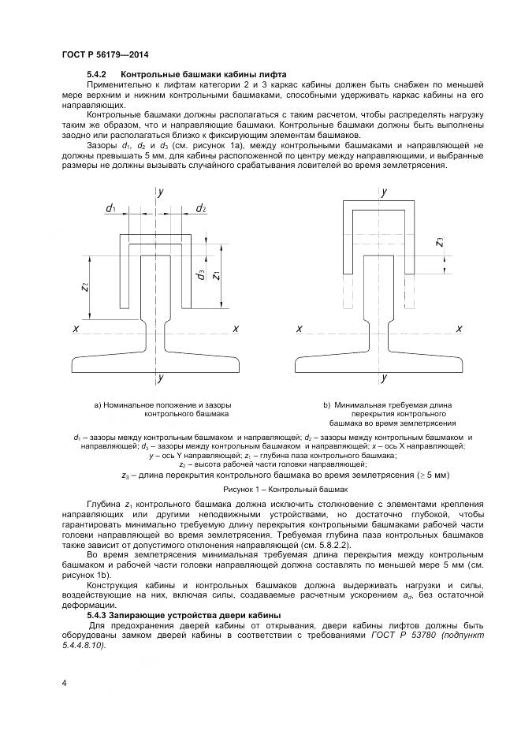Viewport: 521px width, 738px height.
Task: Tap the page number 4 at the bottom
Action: click(x=64, y=682)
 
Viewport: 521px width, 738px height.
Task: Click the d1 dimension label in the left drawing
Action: click(x=111, y=208)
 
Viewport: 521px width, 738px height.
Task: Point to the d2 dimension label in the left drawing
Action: click(x=201, y=208)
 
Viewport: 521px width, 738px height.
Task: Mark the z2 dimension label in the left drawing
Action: click(x=84, y=289)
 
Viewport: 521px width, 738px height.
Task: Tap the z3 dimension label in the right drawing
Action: click(x=439, y=243)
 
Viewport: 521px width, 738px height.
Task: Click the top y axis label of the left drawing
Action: click(x=160, y=192)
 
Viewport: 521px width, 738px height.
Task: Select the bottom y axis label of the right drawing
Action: click(x=384, y=379)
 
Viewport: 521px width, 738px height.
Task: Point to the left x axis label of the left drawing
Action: click(x=76, y=328)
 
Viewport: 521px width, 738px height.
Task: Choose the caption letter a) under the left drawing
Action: click(x=98, y=404)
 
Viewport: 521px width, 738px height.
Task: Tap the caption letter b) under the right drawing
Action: click(x=326, y=404)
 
